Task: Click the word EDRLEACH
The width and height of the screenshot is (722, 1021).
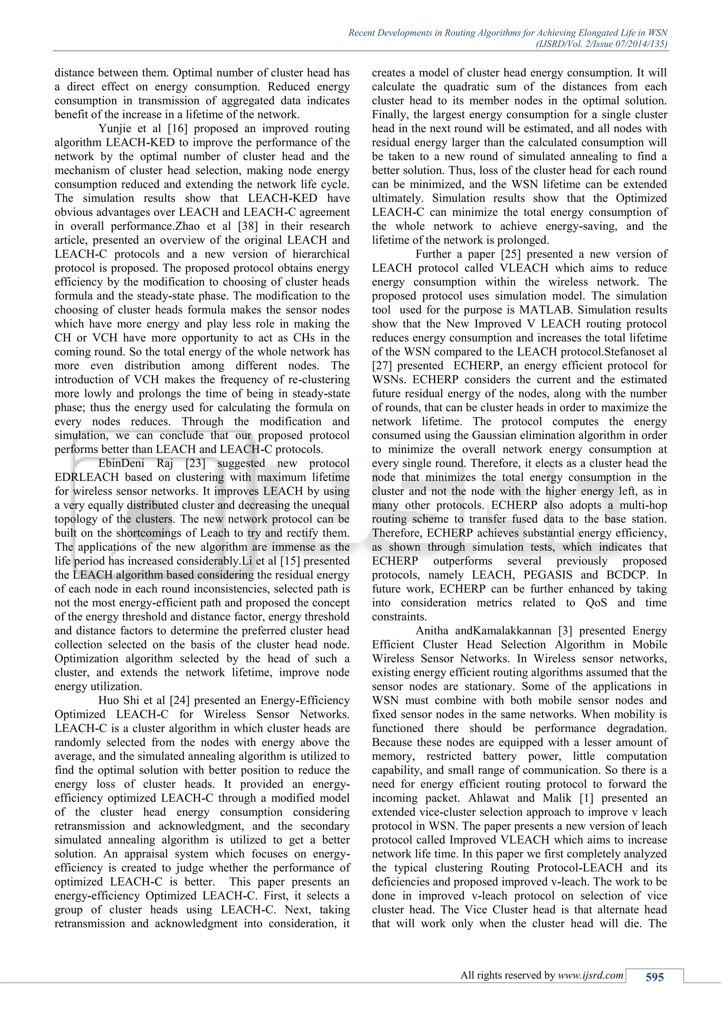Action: [87, 477]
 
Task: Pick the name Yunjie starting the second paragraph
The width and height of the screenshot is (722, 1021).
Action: [115, 129]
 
